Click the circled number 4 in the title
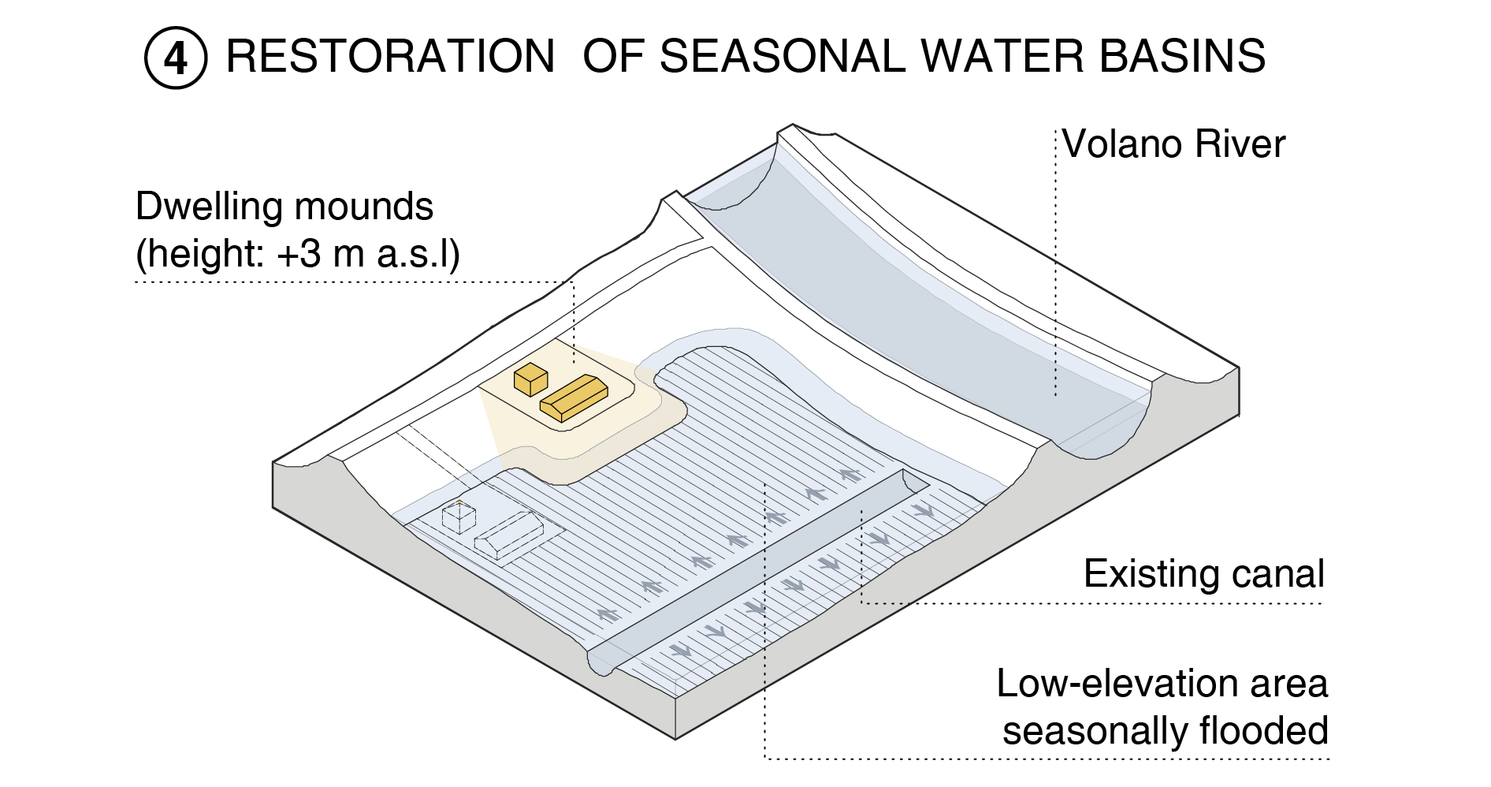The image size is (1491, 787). click(x=176, y=58)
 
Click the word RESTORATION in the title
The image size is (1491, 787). click(x=391, y=57)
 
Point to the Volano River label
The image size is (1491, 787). click(x=1173, y=144)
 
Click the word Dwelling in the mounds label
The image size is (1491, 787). click(x=209, y=207)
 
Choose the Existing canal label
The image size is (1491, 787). click(x=1203, y=574)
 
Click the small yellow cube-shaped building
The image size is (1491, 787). click(x=530, y=379)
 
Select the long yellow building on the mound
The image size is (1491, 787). click(x=574, y=397)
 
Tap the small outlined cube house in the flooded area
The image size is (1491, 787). click(x=459, y=517)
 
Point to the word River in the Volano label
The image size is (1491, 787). click(x=1240, y=144)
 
